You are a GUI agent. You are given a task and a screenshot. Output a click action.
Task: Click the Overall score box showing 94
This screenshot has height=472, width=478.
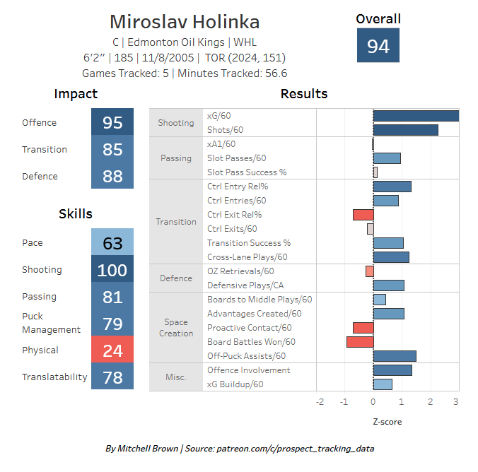[378, 45]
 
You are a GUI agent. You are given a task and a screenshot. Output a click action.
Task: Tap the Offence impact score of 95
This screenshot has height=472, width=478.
[112, 122]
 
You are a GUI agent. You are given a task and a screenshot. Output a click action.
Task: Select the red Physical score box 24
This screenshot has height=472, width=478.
[112, 349]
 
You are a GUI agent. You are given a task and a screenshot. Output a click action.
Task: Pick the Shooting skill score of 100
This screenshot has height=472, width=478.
[112, 269]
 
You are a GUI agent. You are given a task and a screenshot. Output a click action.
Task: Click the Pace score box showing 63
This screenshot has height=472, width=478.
[112, 242]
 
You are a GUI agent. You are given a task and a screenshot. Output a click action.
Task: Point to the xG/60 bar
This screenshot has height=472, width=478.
[416, 116]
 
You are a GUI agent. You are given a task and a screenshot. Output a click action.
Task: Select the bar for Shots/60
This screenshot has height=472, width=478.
[406, 130]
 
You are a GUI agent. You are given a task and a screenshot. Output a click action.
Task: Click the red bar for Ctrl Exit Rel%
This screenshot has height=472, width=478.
[363, 215]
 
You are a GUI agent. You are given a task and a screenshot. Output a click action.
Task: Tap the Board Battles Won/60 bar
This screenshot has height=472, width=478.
[360, 342]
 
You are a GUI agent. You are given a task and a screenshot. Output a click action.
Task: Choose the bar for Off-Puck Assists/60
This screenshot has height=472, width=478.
[395, 356]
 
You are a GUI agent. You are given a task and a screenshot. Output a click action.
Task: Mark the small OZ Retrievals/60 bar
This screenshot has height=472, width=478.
[370, 271]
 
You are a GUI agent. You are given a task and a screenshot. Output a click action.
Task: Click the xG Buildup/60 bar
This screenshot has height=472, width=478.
[383, 384]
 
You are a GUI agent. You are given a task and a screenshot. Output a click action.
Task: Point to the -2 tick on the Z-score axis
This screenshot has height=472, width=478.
[320, 402]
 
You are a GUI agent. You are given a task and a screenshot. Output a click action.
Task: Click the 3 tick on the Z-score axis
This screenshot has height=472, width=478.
[456, 402]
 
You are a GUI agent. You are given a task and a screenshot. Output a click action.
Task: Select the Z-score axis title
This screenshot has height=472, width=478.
[387, 422]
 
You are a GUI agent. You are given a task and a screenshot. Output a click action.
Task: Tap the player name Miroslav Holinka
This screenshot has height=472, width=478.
[185, 22]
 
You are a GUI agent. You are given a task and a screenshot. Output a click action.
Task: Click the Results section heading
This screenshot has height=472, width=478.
[304, 94]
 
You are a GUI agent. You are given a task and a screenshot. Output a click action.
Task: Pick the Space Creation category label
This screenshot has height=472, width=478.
[176, 328]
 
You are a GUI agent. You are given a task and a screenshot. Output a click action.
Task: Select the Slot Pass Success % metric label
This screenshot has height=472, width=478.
[247, 172]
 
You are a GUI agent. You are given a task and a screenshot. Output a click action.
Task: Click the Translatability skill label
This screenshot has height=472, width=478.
[54, 377]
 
